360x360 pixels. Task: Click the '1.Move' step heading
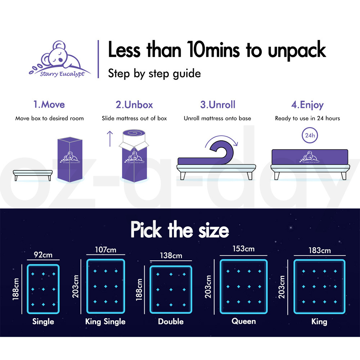[x=49, y=104]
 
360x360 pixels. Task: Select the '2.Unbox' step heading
[x=134, y=104]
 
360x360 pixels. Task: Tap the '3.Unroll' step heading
[x=218, y=104]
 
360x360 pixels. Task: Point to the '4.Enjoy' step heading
[x=307, y=105]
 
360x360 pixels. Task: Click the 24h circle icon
[x=310, y=135]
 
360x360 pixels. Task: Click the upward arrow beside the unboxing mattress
[x=110, y=139]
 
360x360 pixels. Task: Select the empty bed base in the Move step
[x=33, y=175]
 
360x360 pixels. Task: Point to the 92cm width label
[x=43, y=255]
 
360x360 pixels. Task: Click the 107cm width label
[x=105, y=249]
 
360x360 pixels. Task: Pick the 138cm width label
[x=171, y=256]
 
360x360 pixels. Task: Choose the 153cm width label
[x=244, y=249]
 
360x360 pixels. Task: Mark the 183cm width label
[x=320, y=250]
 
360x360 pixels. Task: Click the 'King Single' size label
[x=105, y=321]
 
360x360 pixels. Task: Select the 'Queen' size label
[x=244, y=321]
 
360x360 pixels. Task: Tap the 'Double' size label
[x=171, y=321]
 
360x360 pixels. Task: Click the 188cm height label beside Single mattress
[x=15, y=289]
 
